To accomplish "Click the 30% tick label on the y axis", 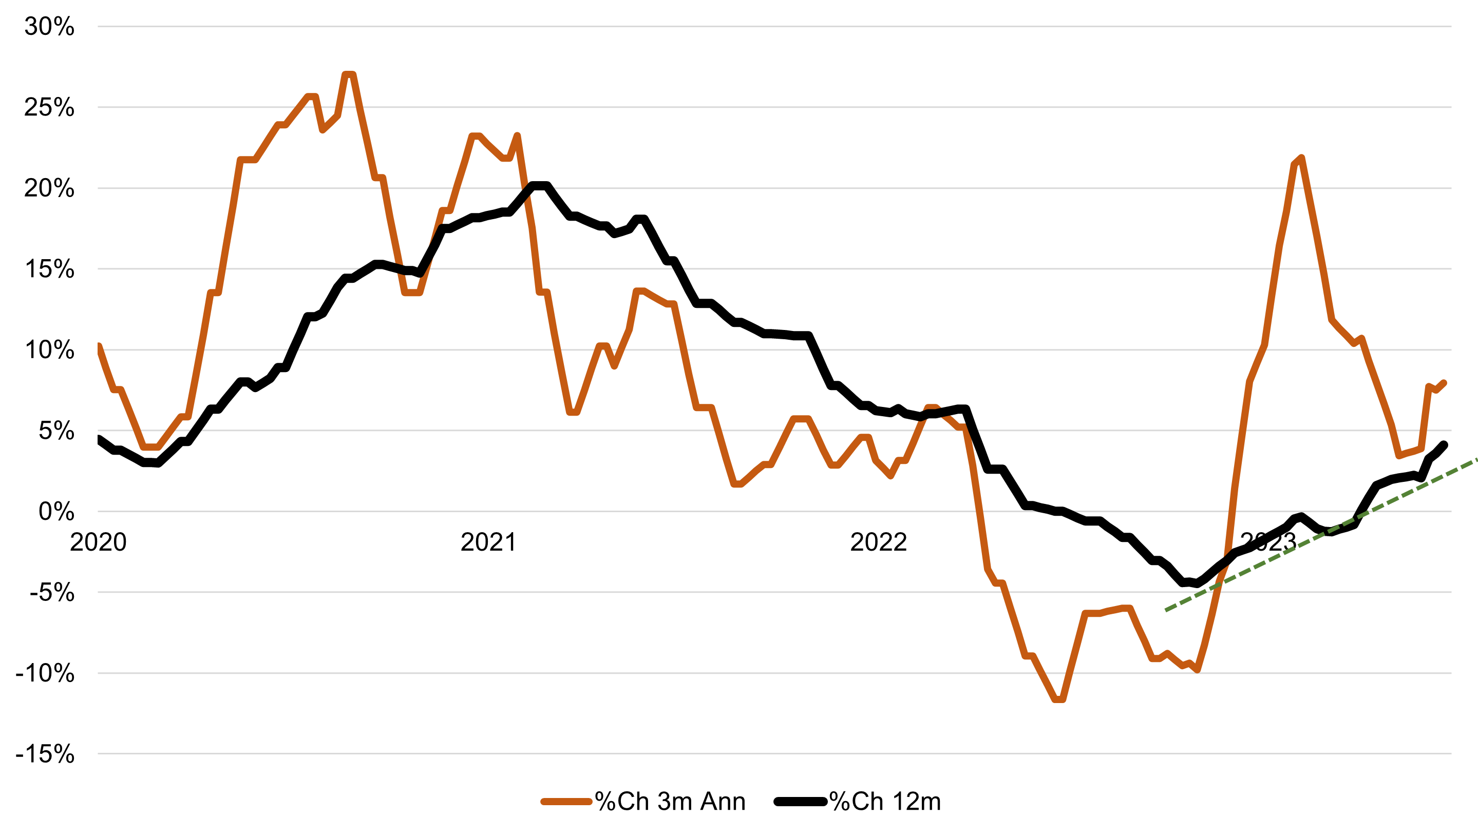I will coord(49,27).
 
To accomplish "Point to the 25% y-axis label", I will coord(49,107).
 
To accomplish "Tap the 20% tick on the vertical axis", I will coord(49,188).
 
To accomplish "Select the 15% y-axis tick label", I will coord(49,269).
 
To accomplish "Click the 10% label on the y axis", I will coord(49,350).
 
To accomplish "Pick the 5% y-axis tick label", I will coord(56,431).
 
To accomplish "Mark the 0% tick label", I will coord(56,512).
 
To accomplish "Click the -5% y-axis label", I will coord(52,593).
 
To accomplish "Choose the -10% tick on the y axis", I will coord(45,673).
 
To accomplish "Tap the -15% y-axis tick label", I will coord(45,754).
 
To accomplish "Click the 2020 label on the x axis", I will coord(98,542).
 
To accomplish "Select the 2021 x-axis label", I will coord(488,542).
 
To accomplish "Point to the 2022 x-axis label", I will coord(878,542).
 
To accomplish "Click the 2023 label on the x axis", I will coord(1268,542).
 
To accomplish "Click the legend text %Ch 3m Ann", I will coord(670,802).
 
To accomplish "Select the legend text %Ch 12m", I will coord(884,802).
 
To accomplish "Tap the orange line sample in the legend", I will coord(566,802).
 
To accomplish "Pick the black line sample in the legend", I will coord(801,802).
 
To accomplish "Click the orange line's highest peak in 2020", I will coord(349,74).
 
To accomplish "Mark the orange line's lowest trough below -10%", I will coord(1059,699).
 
